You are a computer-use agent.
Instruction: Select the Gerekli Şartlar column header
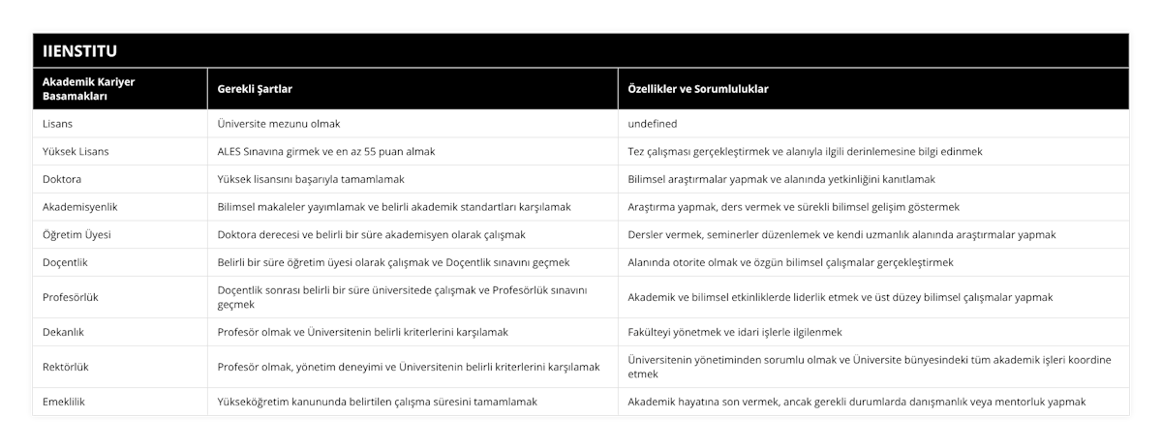click(x=255, y=89)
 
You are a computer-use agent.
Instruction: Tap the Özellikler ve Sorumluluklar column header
click(x=699, y=89)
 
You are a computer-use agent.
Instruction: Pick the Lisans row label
click(x=58, y=124)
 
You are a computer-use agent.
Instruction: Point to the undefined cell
click(x=653, y=124)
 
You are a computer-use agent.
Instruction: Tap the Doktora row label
click(x=64, y=179)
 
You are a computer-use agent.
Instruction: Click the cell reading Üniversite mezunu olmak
click(x=278, y=124)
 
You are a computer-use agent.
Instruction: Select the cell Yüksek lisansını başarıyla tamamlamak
click(x=311, y=179)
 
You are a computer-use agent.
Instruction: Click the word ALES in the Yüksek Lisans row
click(x=232, y=152)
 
